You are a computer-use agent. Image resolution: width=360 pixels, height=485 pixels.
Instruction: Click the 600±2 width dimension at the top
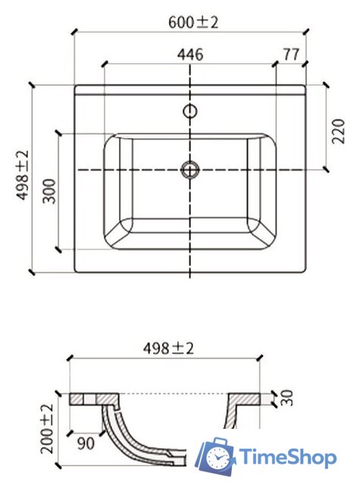tap(193, 22)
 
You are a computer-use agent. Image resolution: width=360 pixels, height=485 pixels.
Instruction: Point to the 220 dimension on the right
tap(338, 126)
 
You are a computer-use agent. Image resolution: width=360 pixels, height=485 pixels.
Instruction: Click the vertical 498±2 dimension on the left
tap(22, 176)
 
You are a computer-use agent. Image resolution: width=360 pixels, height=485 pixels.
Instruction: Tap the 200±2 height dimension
tap(48, 428)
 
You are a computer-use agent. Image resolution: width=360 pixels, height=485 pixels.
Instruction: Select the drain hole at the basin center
tap(189, 169)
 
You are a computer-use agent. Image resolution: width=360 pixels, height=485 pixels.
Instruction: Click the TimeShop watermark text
tap(288, 457)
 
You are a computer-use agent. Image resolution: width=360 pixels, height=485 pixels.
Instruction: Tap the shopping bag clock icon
tap(218, 456)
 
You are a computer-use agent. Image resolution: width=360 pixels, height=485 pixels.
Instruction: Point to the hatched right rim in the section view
tap(246, 402)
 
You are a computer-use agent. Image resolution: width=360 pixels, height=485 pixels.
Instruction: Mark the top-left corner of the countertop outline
tap(75, 86)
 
